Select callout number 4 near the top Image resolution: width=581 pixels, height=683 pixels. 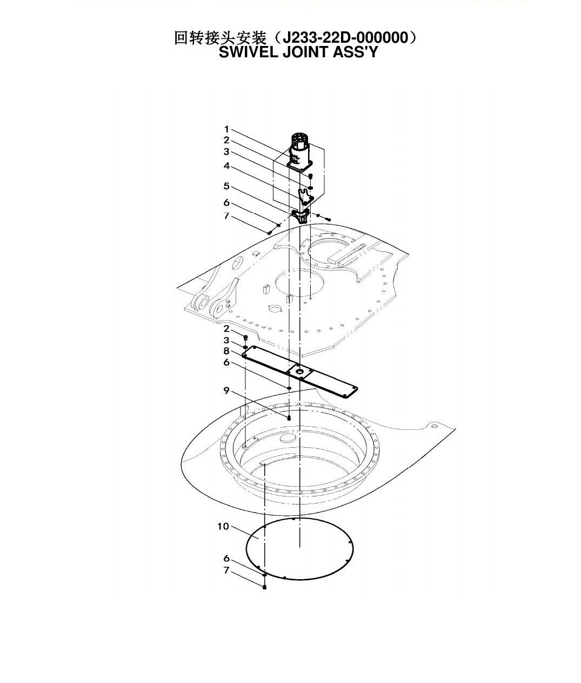(226, 165)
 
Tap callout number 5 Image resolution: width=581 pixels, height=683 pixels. (226, 186)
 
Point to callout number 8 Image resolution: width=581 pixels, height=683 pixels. (226, 351)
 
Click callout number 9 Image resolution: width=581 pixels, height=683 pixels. (226, 390)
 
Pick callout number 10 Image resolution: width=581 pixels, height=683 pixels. (223, 526)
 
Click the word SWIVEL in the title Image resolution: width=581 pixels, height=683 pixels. (249, 52)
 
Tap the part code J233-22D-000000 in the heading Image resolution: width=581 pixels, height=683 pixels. (345, 38)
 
